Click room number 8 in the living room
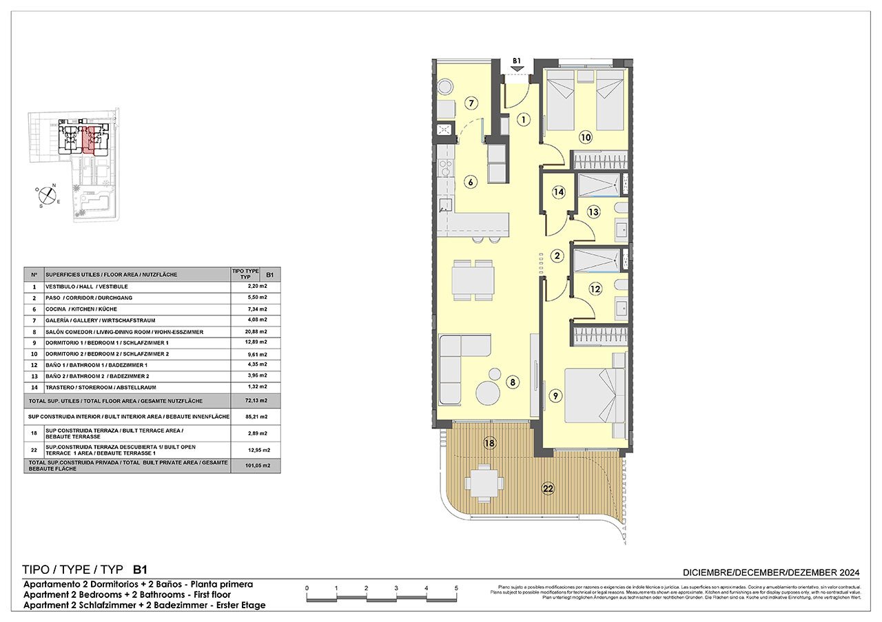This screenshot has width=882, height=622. pos(512,382)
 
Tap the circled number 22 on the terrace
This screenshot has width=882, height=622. pos(548,488)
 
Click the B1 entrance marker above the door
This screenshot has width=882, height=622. pos(517,61)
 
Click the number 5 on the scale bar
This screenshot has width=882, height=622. pos(456,588)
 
